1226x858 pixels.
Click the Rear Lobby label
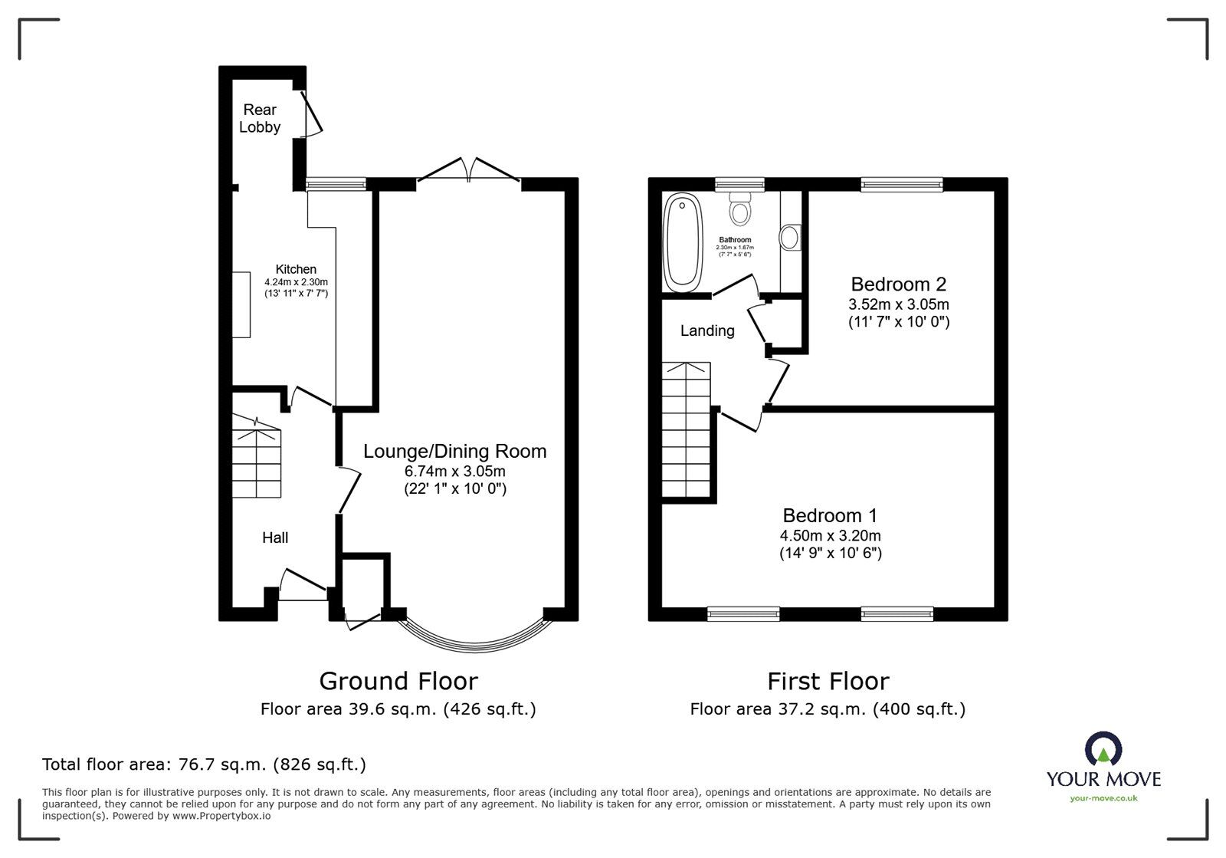tap(260, 119)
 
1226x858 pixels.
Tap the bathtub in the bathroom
tap(683, 242)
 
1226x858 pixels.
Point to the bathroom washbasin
tap(789, 237)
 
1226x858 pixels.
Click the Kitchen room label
tap(296, 270)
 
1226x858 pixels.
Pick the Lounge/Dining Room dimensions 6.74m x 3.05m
tap(455, 471)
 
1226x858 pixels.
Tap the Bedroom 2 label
tap(898, 284)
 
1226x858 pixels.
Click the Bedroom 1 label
tap(829, 515)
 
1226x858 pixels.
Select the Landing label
tap(707, 330)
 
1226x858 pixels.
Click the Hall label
tap(275, 537)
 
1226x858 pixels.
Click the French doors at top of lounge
tap(469, 170)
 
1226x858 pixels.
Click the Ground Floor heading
tap(398, 681)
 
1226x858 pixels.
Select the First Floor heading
tap(828, 681)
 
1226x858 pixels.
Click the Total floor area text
tap(204, 764)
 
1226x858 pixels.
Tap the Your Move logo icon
tap(1103, 750)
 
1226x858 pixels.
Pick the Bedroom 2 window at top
tap(901, 184)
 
